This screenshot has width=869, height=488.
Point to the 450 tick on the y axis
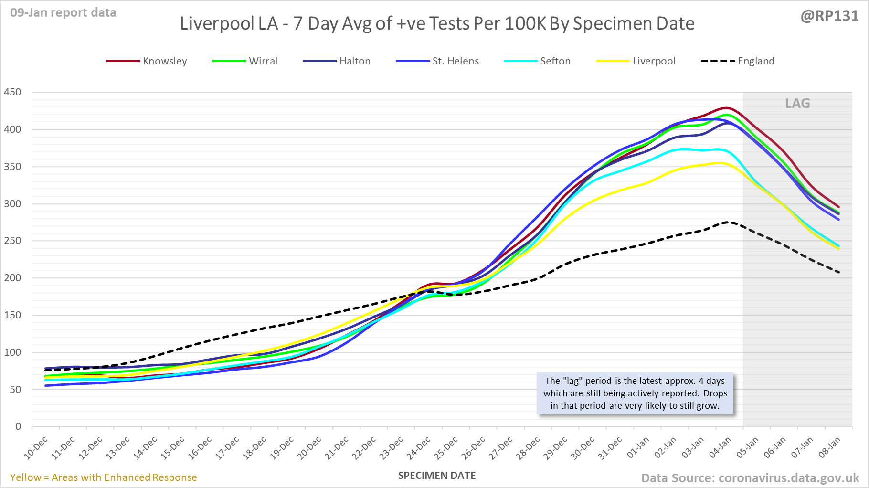pyautogui.click(x=12, y=92)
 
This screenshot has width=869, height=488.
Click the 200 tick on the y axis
pyautogui.click(x=12, y=278)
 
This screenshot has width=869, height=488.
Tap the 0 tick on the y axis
pyautogui.click(x=18, y=426)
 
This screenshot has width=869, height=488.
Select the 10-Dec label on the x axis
pyautogui.click(x=36, y=448)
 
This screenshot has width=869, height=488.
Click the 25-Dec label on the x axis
pyautogui.click(x=446, y=448)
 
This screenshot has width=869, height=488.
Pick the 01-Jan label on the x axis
pyautogui.click(x=638, y=448)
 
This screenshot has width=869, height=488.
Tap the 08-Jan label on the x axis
pyautogui.click(x=829, y=448)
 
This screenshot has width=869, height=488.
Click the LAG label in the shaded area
pyautogui.click(x=797, y=103)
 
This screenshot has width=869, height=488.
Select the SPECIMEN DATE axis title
pyautogui.click(x=436, y=476)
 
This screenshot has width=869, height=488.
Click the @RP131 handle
pyautogui.click(x=829, y=16)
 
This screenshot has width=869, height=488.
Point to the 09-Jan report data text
pyautogui.click(x=63, y=13)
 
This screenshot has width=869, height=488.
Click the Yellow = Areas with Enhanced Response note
pyautogui.click(x=103, y=477)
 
